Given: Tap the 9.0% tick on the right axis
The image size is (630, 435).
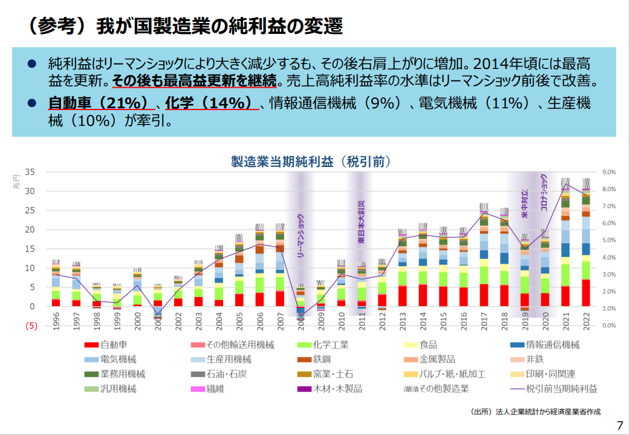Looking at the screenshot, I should (608, 172).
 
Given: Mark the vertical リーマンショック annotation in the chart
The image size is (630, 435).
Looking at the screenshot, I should (300, 235).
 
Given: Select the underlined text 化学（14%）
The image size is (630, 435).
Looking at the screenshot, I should (209, 103).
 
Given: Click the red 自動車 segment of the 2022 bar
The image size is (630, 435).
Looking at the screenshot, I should (585, 293).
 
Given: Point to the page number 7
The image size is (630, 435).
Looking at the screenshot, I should (619, 424).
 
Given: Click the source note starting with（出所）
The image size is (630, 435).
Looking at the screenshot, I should (535, 412).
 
